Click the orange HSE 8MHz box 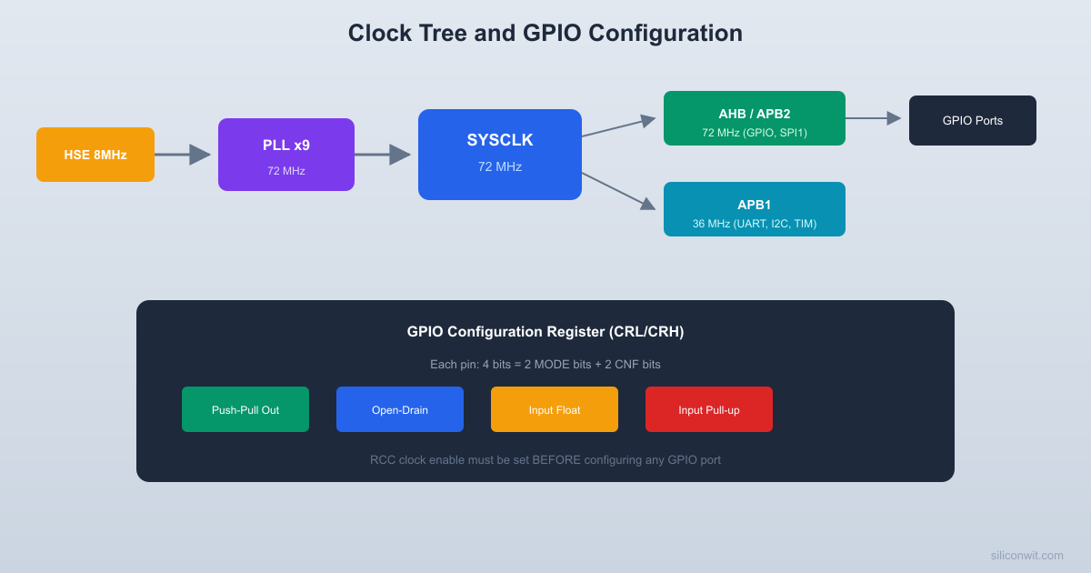point(95,155)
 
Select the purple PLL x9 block point(286,155)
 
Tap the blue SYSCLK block point(500,155)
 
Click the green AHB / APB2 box point(755,118)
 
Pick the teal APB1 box point(755,209)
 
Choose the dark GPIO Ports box point(973,120)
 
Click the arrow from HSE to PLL point(183,155)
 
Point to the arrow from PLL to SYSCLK point(383,155)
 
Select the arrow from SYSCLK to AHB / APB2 point(618,127)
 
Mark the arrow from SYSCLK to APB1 point(618,191)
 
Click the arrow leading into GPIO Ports point(874,118)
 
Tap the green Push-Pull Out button point(245,409)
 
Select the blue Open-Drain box point(400,409)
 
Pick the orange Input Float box point(555,409)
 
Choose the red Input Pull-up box point(709,409)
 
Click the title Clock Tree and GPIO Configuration point(545,33)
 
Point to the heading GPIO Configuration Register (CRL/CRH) point(545,332)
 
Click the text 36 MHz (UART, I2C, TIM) point(755,224)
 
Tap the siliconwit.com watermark point(1026,555)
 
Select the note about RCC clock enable point(545,459)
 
